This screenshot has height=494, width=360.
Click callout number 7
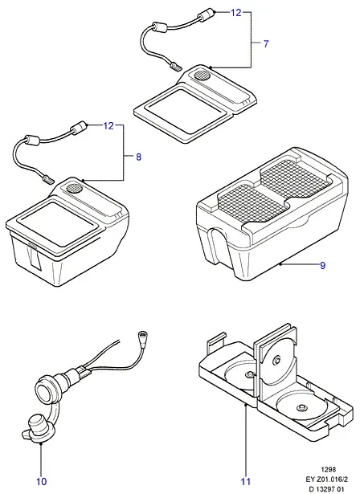click(x=266, y=44)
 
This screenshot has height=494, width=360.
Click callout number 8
click(x=139, y=157)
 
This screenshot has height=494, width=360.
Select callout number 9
click(x=322, y=266)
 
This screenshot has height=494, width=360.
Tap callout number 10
click(x=41, y=481)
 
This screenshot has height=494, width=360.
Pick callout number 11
click(x=246, y=481)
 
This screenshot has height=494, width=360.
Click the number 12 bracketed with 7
click(x=235, y=13)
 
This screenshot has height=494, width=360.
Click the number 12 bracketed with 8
click(x=108, y=125)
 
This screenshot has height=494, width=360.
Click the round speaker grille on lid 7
click(x=202, y=75)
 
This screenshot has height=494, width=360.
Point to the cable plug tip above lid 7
click(x=175, y=67)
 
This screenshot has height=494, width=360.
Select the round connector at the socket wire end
click(x=143, y=335)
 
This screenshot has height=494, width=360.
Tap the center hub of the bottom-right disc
click(x=301, y=407)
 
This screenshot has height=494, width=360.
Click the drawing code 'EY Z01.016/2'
click(x=326, y=480)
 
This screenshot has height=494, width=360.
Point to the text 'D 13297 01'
click(x=326, y=489)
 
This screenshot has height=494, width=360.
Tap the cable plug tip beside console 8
click(x=48, y=180)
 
